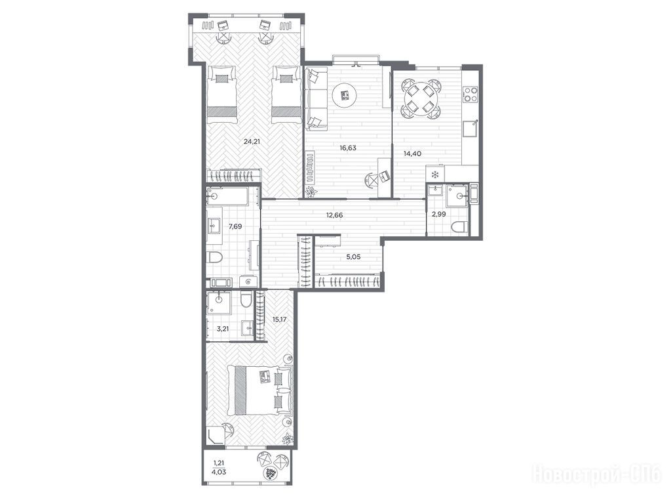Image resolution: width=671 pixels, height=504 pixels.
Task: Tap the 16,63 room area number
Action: (348, 148)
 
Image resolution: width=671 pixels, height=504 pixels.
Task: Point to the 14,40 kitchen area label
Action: (413, 153)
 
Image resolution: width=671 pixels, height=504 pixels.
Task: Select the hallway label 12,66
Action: (334, 215)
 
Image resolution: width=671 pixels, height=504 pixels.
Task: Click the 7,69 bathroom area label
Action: (235, 226)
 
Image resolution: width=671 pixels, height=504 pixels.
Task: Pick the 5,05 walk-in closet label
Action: (353, 257)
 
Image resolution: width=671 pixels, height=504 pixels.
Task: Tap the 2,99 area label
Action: (438, 215)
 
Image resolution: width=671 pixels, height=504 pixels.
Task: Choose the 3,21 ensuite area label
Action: (221, 329)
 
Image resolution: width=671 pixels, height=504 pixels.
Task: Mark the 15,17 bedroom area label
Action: (279, 320)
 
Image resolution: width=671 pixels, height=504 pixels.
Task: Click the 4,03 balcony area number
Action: (219, 472)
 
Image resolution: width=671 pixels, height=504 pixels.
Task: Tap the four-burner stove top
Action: (470, 94)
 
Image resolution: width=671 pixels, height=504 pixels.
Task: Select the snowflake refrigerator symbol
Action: (435, 175)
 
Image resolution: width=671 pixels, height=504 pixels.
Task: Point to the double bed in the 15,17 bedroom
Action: (259, 390)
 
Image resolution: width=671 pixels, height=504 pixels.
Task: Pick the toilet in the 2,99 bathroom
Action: (459, 227)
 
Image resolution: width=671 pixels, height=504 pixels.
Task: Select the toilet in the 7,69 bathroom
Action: (214, 257)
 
